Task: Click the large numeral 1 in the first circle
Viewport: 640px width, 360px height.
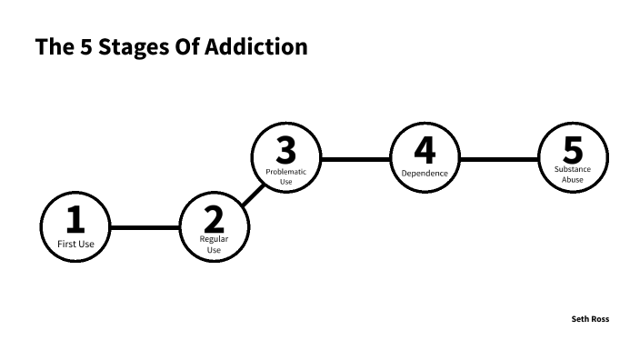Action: click(75, 219)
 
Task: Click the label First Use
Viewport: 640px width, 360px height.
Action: click(75, 244)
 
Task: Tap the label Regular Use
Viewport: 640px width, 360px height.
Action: click(214, 244)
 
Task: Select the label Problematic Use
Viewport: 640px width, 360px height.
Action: click(285, 175)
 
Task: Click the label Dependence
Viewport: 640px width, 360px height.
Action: click(425, 173)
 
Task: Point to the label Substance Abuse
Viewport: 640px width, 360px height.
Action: click(573, 174)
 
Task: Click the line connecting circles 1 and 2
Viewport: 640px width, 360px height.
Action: click(145, 227)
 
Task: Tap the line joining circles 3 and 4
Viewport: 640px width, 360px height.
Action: click(355, 159)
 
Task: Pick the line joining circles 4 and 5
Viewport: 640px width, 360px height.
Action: click(498, 159)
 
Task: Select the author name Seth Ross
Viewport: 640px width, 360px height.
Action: click(590, 319)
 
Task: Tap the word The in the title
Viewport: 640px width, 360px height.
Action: click(50, 46)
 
